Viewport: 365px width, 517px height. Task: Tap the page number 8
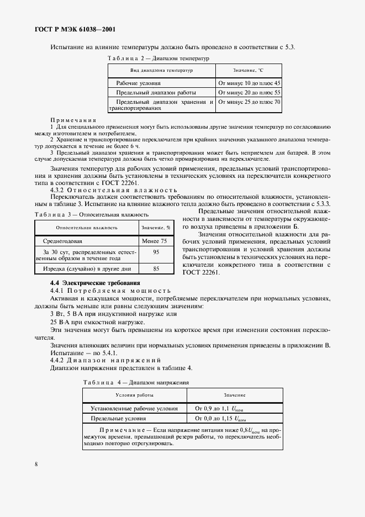(36, 464)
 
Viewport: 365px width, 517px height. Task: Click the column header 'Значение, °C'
(249, 71)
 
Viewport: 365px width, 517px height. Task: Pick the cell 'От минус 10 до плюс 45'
(250, 82)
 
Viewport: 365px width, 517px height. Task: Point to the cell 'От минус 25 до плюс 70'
(250, 102)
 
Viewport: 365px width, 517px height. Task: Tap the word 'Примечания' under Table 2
(73, 120)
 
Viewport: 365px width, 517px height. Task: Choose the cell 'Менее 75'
(154, 241)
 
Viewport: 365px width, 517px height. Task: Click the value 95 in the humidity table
(156, 251)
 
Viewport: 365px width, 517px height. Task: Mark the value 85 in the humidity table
(156, 268)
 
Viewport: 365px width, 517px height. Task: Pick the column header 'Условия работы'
(135, 395)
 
